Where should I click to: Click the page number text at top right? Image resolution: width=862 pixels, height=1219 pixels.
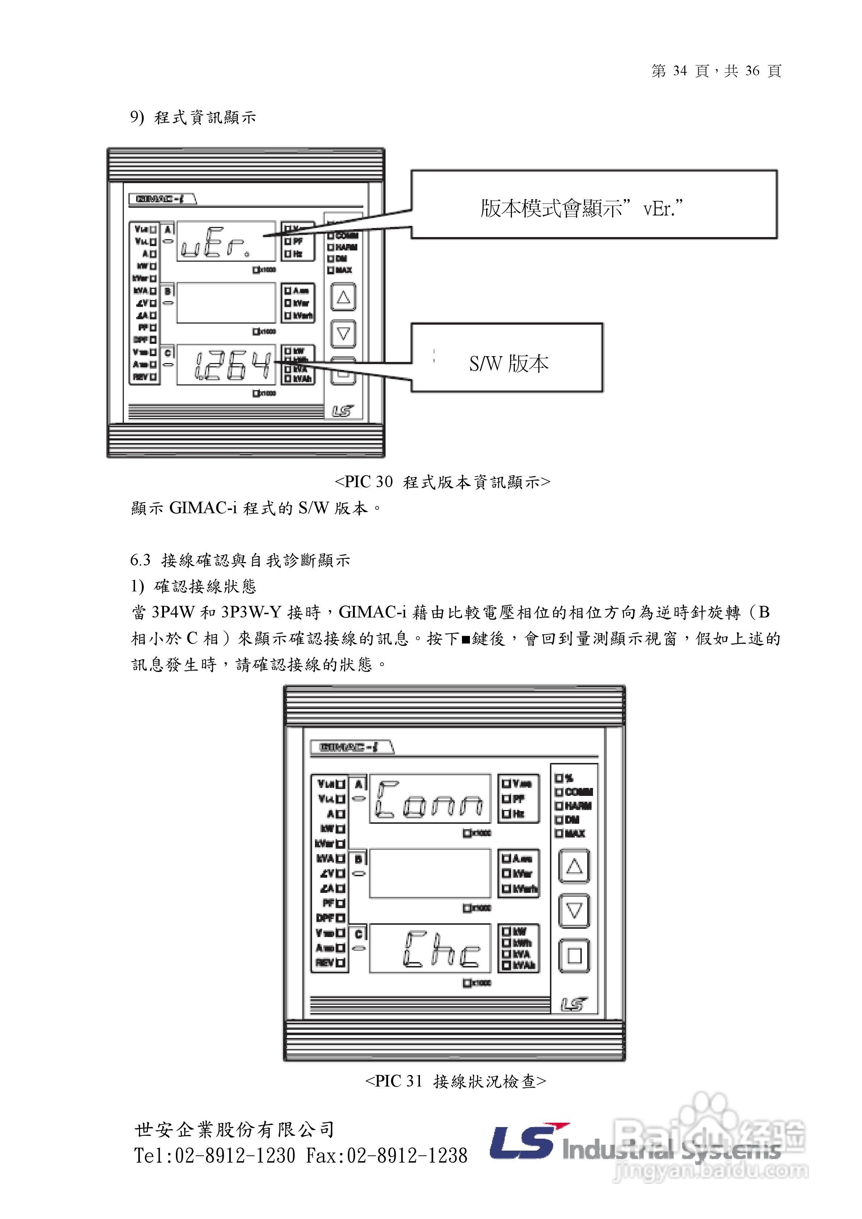pos(716,71)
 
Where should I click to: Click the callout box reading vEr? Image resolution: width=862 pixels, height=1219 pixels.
pos(594,205)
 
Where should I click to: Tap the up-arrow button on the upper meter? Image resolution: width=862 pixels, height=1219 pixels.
pos(343,297)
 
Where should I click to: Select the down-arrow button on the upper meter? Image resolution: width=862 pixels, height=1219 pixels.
pos(343,333)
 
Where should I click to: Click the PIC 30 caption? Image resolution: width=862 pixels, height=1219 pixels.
pos(442,481)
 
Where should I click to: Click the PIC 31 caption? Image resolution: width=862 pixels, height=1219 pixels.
pos(455,1081)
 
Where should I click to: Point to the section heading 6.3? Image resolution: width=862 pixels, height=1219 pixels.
pos(240,560)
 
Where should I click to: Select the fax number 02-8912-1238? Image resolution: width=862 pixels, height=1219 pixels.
pos(407,1155)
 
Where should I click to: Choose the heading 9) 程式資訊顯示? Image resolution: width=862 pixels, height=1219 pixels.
pos(193,117)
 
